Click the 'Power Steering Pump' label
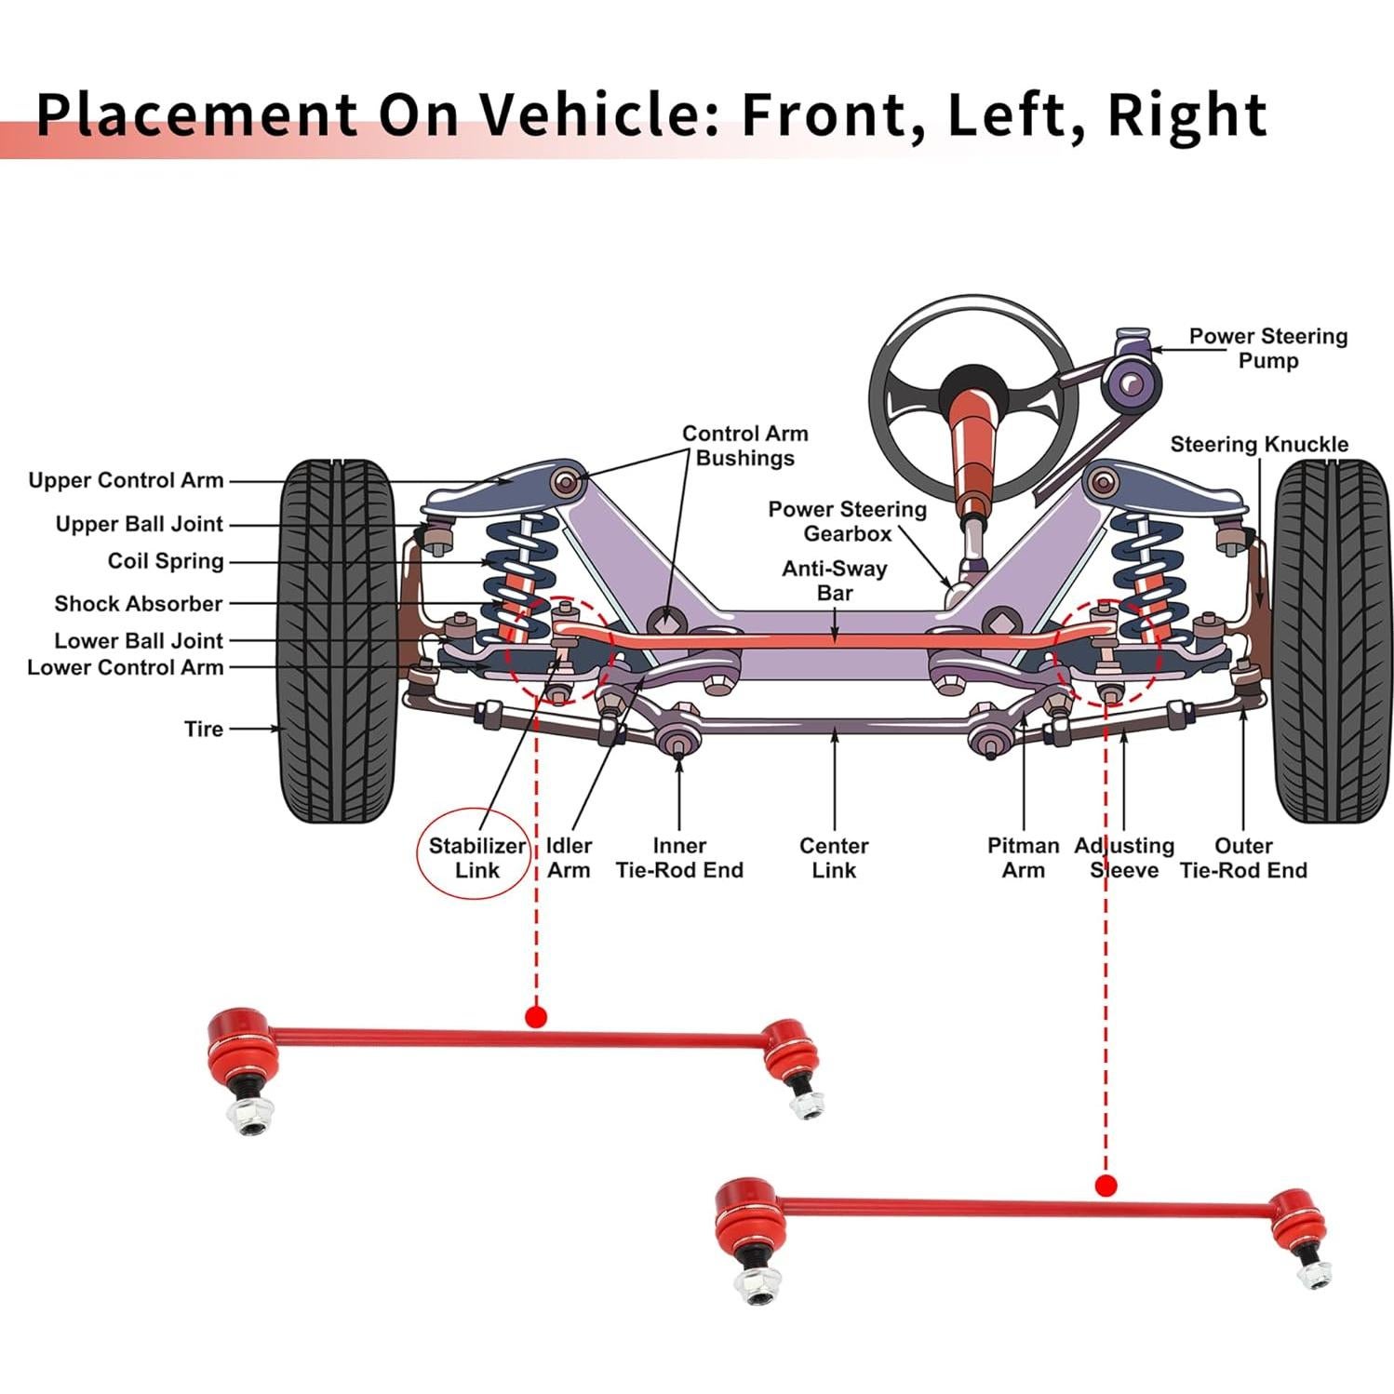(1267, 348)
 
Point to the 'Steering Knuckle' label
(1258, 444)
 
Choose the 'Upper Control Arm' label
(126, 480)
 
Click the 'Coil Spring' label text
(166, 561)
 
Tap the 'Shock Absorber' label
(138, 603)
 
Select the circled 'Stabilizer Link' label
(476, 857)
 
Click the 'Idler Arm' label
(568, 857)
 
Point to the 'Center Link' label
(833, 857)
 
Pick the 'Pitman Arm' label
(1023, 857)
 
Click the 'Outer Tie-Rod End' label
(1242, 857)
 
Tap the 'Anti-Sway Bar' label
(834, 580)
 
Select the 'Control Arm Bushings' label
(744, 445)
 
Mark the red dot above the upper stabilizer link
(535, 1015)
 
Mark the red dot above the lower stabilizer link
(1106, 1186)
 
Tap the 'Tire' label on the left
(203, 729)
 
